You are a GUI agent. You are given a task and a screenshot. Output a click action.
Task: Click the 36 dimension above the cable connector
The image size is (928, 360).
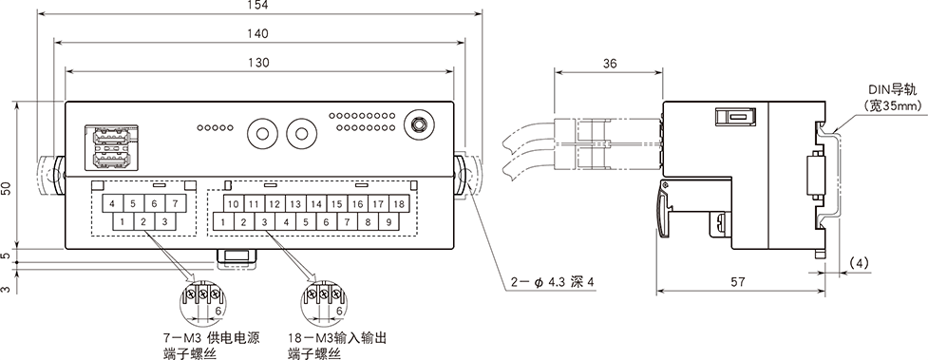pyautogui.click(x=608, y=63)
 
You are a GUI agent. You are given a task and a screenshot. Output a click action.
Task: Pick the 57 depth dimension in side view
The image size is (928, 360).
pyautogui.click(x=737, y=282)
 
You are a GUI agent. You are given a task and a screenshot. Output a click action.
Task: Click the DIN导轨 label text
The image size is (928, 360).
pyautogui.click(x=892, y=90)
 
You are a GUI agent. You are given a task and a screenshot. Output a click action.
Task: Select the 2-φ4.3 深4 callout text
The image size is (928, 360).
pyautogui.click(x=552, y=282)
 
